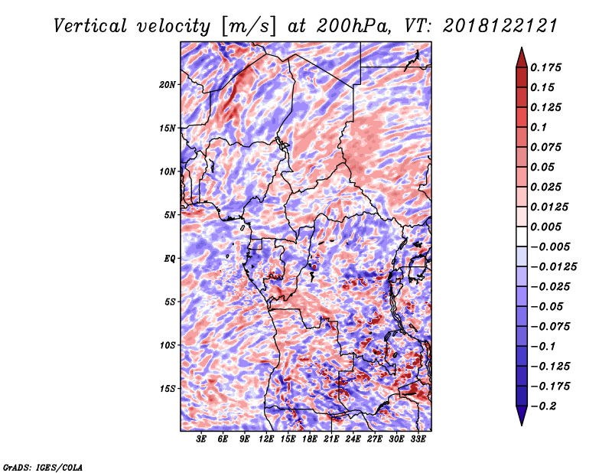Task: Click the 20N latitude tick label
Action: pos(168,85)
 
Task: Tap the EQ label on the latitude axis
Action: pos(169,259)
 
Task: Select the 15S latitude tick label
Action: pos(168,389)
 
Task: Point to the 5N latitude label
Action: pos(170,215)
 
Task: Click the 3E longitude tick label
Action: pos(201,439)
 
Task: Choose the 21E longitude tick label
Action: pos(331,439)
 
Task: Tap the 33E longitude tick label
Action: pos(418,439)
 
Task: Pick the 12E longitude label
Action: pos(266,439)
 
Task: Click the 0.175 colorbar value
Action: pos(545,67)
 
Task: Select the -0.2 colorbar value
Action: pos(543,406)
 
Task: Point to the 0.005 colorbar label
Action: pos(545,227)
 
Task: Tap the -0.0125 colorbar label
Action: pos(553,267)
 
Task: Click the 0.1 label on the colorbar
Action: pos(539,127)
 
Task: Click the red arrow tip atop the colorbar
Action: pos(522,47)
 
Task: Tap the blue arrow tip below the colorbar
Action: pos(522,425)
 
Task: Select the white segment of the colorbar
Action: pos(522,236)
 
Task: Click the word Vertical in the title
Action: pos(90,26)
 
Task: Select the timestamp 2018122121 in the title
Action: pos(500,26)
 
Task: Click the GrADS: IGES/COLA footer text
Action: pos(43,467)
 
